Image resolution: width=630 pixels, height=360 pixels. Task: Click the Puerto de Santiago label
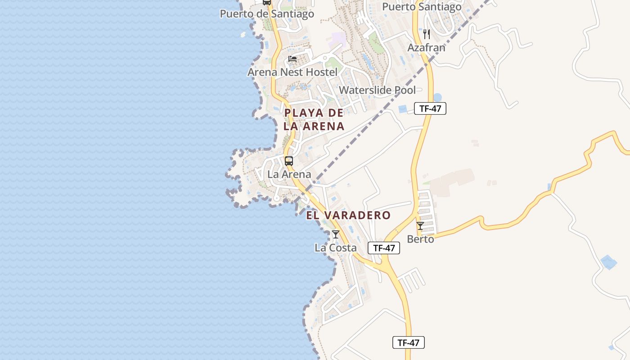click(x=267, y=14)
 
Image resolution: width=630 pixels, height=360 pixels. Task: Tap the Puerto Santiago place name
click(x=422, y=7)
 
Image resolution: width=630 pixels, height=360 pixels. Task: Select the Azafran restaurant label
click(x=426, y=47)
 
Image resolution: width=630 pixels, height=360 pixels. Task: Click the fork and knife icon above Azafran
click(x=427, y=34)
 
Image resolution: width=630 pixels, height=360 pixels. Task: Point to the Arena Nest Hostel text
click(x=292, y=72)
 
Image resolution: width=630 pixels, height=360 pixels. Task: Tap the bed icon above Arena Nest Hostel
click(x=292, y=59)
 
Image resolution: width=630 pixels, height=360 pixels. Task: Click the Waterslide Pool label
click(x=377, y=90)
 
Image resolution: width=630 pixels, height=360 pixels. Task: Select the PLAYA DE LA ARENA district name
click(x=314, y=119)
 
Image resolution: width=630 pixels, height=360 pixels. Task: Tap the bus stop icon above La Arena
click(x=289, y=161)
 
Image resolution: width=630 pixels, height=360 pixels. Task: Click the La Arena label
click(x=289, y=174)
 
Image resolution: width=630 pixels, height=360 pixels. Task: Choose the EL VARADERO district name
click(x=348, y=215)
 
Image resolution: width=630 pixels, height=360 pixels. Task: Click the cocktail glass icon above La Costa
click(x=336, y=234)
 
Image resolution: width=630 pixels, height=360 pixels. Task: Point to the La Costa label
click(x=336, y=247)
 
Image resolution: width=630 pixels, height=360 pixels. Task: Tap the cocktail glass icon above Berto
click(x=420, y=225)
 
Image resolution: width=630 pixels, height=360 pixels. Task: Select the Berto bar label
click(x=420, y=239)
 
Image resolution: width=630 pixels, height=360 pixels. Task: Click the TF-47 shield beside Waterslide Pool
click(x=430, y=108)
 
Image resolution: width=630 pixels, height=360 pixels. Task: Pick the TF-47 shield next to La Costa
click(x=384, y=247)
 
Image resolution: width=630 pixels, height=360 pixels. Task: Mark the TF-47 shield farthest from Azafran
click(x=409, y=342)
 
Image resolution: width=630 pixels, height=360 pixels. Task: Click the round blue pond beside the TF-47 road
click(x=437, y=97)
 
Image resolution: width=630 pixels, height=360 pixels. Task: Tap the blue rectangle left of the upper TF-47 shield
click(x=403, y=109)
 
